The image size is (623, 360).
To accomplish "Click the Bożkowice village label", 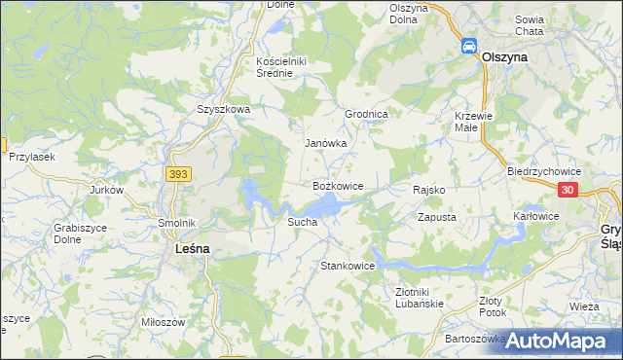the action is (x=338, y=185).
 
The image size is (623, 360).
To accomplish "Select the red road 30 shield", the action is (x=570, y=190).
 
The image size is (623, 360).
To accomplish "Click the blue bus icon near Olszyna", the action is (x=468, y=46).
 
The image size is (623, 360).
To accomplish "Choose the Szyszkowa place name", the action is (x=224, y=110).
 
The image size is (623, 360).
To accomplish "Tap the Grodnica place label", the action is (x=367, y=114).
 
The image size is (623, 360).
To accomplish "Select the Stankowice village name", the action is (x=348, y=266).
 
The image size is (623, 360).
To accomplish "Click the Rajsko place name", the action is (x=429, y=190).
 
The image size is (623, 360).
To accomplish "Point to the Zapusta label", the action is (x=437, y=218).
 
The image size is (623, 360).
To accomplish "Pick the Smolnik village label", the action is (x=178, y=222).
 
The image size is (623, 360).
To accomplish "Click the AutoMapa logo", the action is (x=563, y=341).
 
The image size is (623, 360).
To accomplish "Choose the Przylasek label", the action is (x=31, y=157).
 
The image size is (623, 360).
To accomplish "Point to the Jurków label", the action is (x=107, y=190).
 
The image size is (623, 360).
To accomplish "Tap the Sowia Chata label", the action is (x=556, y=25).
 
